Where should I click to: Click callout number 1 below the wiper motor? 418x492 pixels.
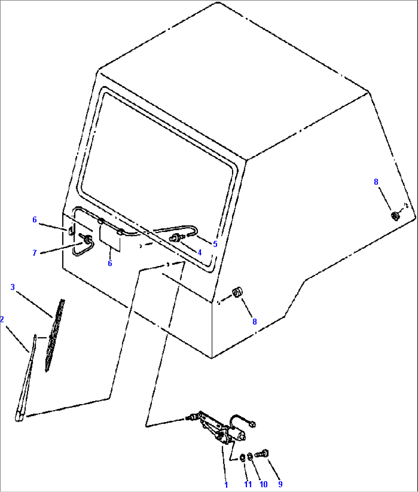[x=226, y=485]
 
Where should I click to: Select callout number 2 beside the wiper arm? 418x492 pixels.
[x=2, y=319]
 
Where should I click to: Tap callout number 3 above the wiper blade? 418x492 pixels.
[x=13, y=287]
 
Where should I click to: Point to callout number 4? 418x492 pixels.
[x=199, y=252]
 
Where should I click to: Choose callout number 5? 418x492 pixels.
[x=215, y=244]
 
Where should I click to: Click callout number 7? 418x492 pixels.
[x=35, y=253]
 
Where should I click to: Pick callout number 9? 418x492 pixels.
[x=280, y=484]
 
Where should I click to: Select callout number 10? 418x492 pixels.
[x=263, y=484]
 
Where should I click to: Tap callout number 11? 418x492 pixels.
[x=248, y=484]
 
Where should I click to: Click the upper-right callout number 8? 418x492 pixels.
[x=376, y=182]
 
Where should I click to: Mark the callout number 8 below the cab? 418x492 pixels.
[x=255, y=322]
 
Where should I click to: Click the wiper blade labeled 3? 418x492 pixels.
[x=55, y=336]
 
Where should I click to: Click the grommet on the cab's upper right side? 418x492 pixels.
[x=395, y=216]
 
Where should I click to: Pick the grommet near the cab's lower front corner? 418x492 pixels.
[x=237, y=292]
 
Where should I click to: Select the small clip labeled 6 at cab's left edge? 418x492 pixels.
[x=71, y=231]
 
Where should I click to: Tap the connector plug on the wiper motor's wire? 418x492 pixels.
[x=253, y=424]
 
